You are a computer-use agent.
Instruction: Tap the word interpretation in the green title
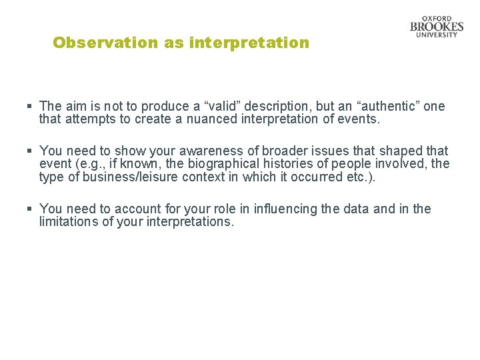pos(249,43)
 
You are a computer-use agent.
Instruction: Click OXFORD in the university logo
pos(437,19)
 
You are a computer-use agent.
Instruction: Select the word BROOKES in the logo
pos(437,27)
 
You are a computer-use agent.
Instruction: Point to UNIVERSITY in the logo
pos(437,35)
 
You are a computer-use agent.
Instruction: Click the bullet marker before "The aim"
pos(30,106)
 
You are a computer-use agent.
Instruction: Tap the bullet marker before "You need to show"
pos(30,151)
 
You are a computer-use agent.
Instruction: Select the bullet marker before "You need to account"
pos(30,209)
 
